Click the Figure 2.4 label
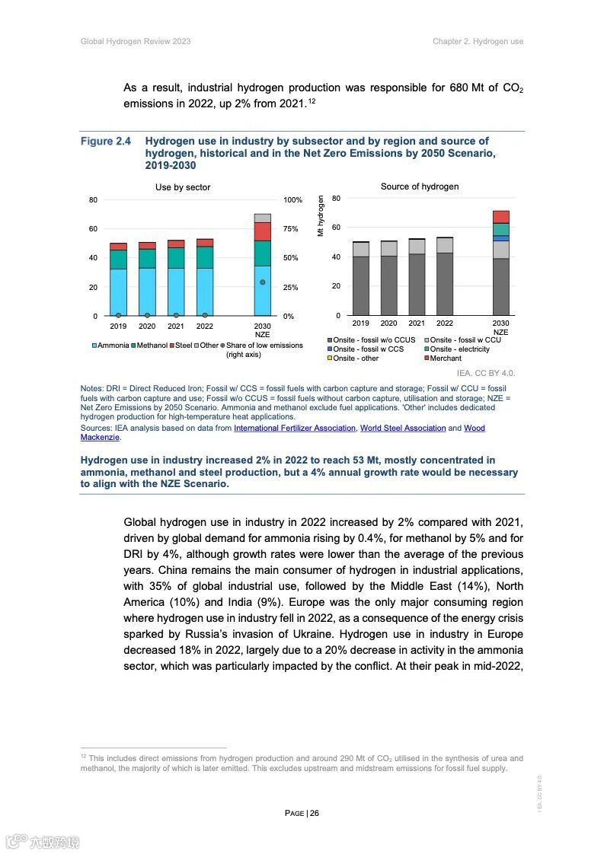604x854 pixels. tap(106, 142)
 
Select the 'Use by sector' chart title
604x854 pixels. tap(183, 187)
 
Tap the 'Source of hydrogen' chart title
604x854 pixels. tap(420, 186)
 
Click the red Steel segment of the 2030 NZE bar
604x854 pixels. tap(263, 231)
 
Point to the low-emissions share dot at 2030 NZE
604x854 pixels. tap(263, 282)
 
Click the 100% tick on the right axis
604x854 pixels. tap(293, 200)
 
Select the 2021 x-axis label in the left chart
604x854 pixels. tap(176, 327)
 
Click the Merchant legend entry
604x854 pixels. tap(445, 358)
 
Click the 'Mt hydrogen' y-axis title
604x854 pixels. tap(321, 216)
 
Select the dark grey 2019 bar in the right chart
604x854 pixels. tap(360, 285)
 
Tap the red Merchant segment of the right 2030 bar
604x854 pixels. tap(500, 217)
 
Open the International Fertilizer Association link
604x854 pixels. tap(295, 429)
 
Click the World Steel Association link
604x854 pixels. tap(403, 429)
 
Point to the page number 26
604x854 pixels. tap(314, 813)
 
